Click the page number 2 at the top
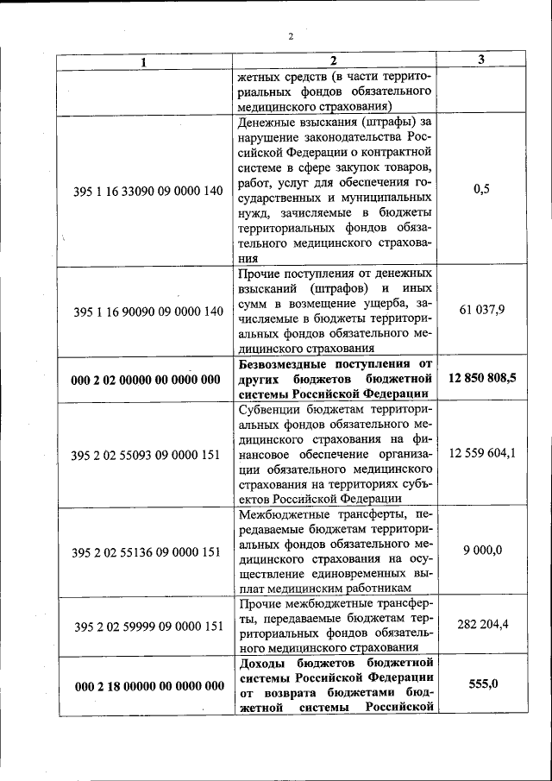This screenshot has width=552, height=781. [291, 36]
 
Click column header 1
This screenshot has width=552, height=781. [144, 61]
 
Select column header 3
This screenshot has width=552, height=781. [481, 60]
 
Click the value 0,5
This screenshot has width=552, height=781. [481, 190]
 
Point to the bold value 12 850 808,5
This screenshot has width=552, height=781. [481, 378]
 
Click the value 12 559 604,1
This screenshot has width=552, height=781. [481, 454]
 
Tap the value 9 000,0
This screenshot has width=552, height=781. [481, 551]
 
